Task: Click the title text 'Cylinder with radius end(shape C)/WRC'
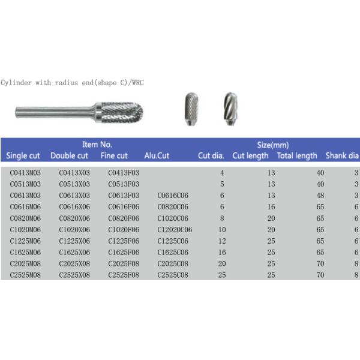point(73,83)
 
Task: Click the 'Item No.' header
point(97,145)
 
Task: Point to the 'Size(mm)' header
point(274,145)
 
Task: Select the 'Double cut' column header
point(69,156)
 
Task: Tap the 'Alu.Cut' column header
point(157,156)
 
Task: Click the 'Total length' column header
point(297,156)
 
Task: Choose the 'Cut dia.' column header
point(211,156)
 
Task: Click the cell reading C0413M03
point(26,173)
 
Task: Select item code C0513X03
point(74,184)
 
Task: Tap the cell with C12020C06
point(175,229)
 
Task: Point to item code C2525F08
point(124,274)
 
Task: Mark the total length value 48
point(320,196)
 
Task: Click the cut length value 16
point(271,206)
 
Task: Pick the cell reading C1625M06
point(26,252)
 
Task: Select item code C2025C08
point(173,263)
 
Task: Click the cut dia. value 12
point(221,241)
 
